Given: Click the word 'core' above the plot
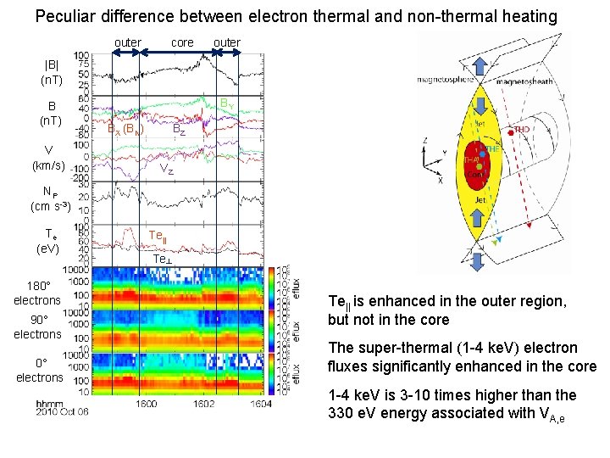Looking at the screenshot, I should pyautogui.click(x=182, y=42).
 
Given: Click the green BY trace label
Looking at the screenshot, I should pyautogui.click(x=226, y=103).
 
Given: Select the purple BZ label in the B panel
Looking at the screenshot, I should pyautogui.click(x=179, y=130).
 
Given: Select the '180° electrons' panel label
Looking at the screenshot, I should pyautogui.click(x=37, y=293).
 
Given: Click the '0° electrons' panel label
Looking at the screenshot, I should pyautogui.click(x=39, y=370).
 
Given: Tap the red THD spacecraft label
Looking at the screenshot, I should pyautogui.click(x=521, y=130).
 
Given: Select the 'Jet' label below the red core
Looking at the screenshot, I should pyautogui.click(x=480, y=200).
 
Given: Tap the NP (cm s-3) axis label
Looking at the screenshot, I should pyautogui.click(x=46, y=199).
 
